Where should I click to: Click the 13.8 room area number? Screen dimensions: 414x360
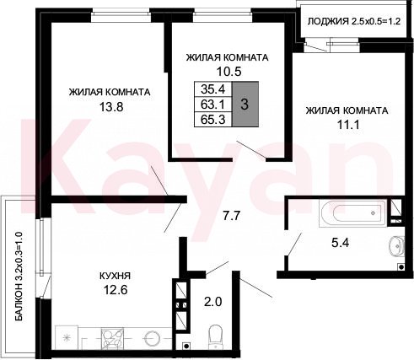(111, 107)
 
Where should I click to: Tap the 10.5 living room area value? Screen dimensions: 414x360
(229, 72)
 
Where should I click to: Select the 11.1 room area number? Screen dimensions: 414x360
(348, 124)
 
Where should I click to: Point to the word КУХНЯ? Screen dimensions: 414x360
(115, 276)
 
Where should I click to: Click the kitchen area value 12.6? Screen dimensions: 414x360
(116, 289)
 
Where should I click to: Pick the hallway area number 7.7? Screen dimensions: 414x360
(231, 216)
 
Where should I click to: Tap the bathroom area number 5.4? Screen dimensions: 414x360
(340, 242)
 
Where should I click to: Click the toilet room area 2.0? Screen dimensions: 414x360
(212, 302)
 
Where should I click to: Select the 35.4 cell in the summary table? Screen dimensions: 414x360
(213, 89)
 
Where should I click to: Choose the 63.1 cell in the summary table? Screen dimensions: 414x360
(213, 105)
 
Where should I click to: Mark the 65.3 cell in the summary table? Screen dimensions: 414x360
(213, 120)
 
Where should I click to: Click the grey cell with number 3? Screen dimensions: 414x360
(245, 105)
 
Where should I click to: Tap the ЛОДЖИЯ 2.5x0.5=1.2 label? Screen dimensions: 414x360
(354, 21)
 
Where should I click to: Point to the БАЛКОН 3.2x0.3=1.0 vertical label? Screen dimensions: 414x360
(19, 277)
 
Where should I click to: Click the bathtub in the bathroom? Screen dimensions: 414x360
(353, 212)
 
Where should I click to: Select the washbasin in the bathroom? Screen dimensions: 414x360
(396, 246)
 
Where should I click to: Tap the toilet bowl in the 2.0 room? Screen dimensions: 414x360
(216, 336)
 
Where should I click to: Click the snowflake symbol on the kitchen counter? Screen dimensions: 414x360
(67, 337)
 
